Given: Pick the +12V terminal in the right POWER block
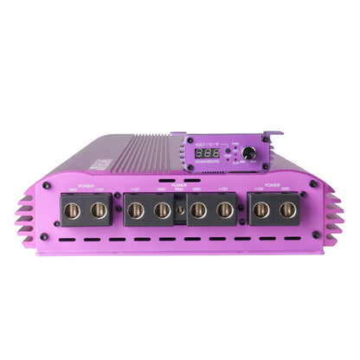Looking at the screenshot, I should click(x=260, y=210).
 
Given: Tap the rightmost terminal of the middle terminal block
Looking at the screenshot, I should click(x=224, y=210).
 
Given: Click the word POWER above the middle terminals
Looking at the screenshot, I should click(x=179, y=183).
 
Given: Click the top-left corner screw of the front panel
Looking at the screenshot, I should click(x=47, y=184).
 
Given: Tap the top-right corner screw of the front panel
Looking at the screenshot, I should click(x=313, y=184).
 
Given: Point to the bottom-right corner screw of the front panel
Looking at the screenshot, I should click(x=314, y=235).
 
